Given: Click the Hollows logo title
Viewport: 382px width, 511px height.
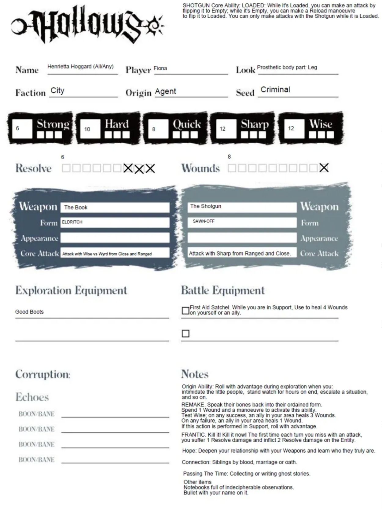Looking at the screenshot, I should (x=87, y=24).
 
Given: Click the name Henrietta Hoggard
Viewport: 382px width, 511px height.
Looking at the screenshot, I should (x=80, y=67).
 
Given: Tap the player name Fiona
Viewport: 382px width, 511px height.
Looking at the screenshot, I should (x=160, y=68).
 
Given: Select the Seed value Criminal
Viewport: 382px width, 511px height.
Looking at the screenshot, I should (x=275, y=90).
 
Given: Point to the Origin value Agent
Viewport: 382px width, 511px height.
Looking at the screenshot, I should (x=165, y=91).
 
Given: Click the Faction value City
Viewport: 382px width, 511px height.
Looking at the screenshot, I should (x=57, y=90).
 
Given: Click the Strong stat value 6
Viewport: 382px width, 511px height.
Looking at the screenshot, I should (x=18, y=128).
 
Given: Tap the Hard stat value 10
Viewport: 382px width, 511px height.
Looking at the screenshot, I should (x=87, y=129).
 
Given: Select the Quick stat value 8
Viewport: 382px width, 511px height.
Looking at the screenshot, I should (x=154, y=129).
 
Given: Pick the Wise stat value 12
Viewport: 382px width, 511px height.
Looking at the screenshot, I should (x=291, y=128).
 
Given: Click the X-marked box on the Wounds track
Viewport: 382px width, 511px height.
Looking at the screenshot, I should (x=324, y=168).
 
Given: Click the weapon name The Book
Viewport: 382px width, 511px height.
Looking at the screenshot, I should (x=75, y=208).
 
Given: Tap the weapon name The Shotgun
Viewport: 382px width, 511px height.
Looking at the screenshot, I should (x=205, y=206).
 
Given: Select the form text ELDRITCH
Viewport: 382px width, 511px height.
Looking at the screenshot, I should (x=72, y=222).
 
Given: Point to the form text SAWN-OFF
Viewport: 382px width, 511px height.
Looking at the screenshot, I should (x=204, y=221).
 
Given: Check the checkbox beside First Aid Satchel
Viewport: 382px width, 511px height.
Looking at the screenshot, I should (x=185, y=311).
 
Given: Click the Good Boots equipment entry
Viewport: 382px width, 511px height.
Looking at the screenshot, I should (x=29, y=312).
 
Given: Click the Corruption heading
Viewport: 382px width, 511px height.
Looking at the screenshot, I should (x=42, y=374).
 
